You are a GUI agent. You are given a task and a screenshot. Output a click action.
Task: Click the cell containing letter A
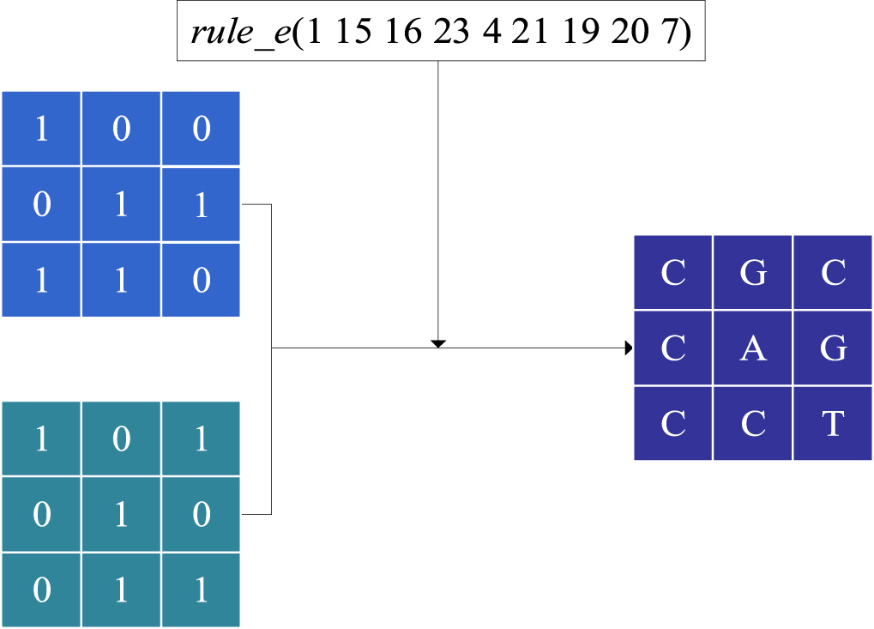coord(753,348)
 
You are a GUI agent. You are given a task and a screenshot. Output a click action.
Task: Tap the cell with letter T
coord(833,423)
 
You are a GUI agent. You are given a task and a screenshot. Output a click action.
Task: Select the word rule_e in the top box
coord(240,32)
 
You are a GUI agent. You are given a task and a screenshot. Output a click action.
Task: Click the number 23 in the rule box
coord(451,32)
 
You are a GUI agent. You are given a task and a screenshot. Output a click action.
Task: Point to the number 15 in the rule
coord(353,32)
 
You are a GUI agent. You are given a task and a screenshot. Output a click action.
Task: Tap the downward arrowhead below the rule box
coord(438,343)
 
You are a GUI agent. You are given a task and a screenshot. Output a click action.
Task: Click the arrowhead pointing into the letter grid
coord(630,348)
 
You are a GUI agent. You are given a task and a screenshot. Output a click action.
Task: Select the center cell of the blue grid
coord(121,205)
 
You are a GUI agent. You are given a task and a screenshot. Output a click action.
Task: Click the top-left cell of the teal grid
coord(41,439)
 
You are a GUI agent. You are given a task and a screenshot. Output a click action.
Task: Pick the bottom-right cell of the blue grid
coord(201,280)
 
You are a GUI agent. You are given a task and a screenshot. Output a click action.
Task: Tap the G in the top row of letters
coord(753,273)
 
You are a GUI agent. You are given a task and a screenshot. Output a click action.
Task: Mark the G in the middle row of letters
coord(833,348)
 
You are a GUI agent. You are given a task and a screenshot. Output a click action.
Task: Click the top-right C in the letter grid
coord(833,273)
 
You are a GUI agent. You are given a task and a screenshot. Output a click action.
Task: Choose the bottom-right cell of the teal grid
coord(201,590)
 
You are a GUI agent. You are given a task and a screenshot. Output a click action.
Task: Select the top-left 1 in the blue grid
coord(41,129)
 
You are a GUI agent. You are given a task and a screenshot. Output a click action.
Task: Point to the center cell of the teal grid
coord(121,515)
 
